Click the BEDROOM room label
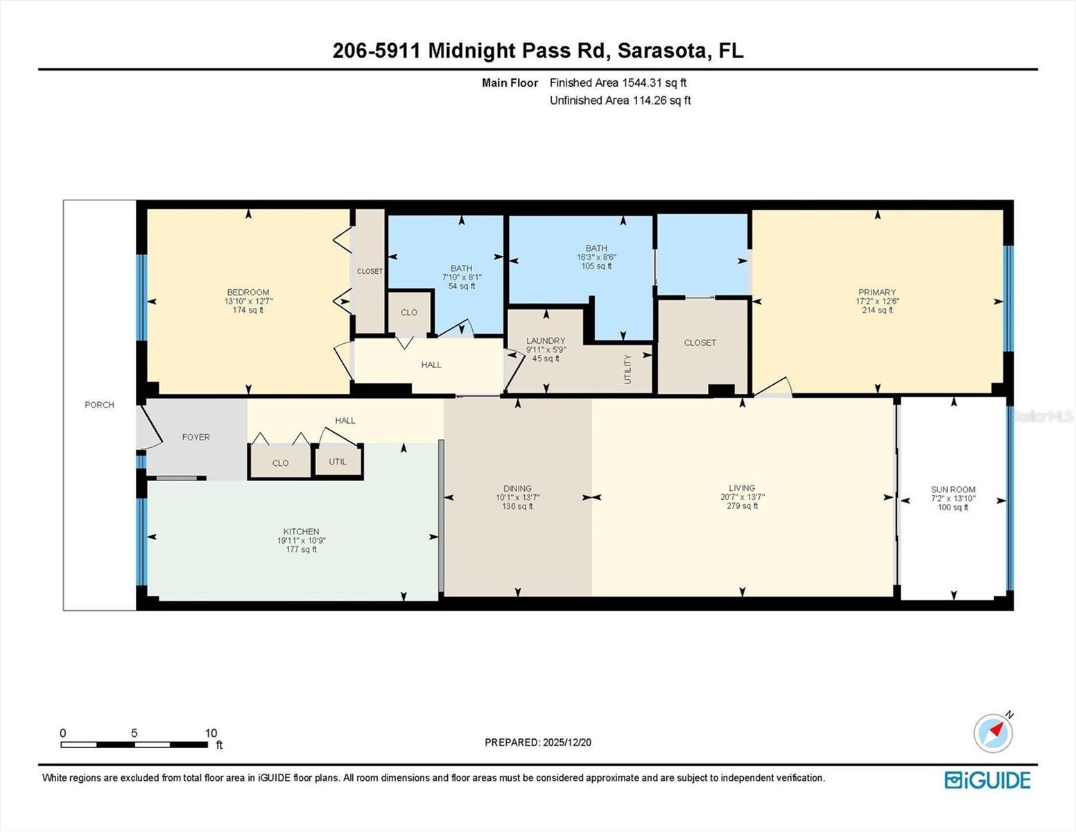pos(248,293)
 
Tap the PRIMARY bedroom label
pos(877,293)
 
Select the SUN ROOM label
pos(953,489)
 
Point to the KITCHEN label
pos(301,532)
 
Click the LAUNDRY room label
pos(546,341)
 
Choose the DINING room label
pos(517,489)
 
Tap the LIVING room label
pos(742,488)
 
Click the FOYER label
pos(196,437)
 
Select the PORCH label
pos(99,405)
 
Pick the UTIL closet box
pos(338,462)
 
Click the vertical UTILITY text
pos(627,370)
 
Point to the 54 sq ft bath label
pos(462,286)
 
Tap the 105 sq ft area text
pos(596,266)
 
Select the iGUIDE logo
pos(987,780)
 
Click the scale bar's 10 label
pos(211,733)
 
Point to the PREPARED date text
pos(538,743)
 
